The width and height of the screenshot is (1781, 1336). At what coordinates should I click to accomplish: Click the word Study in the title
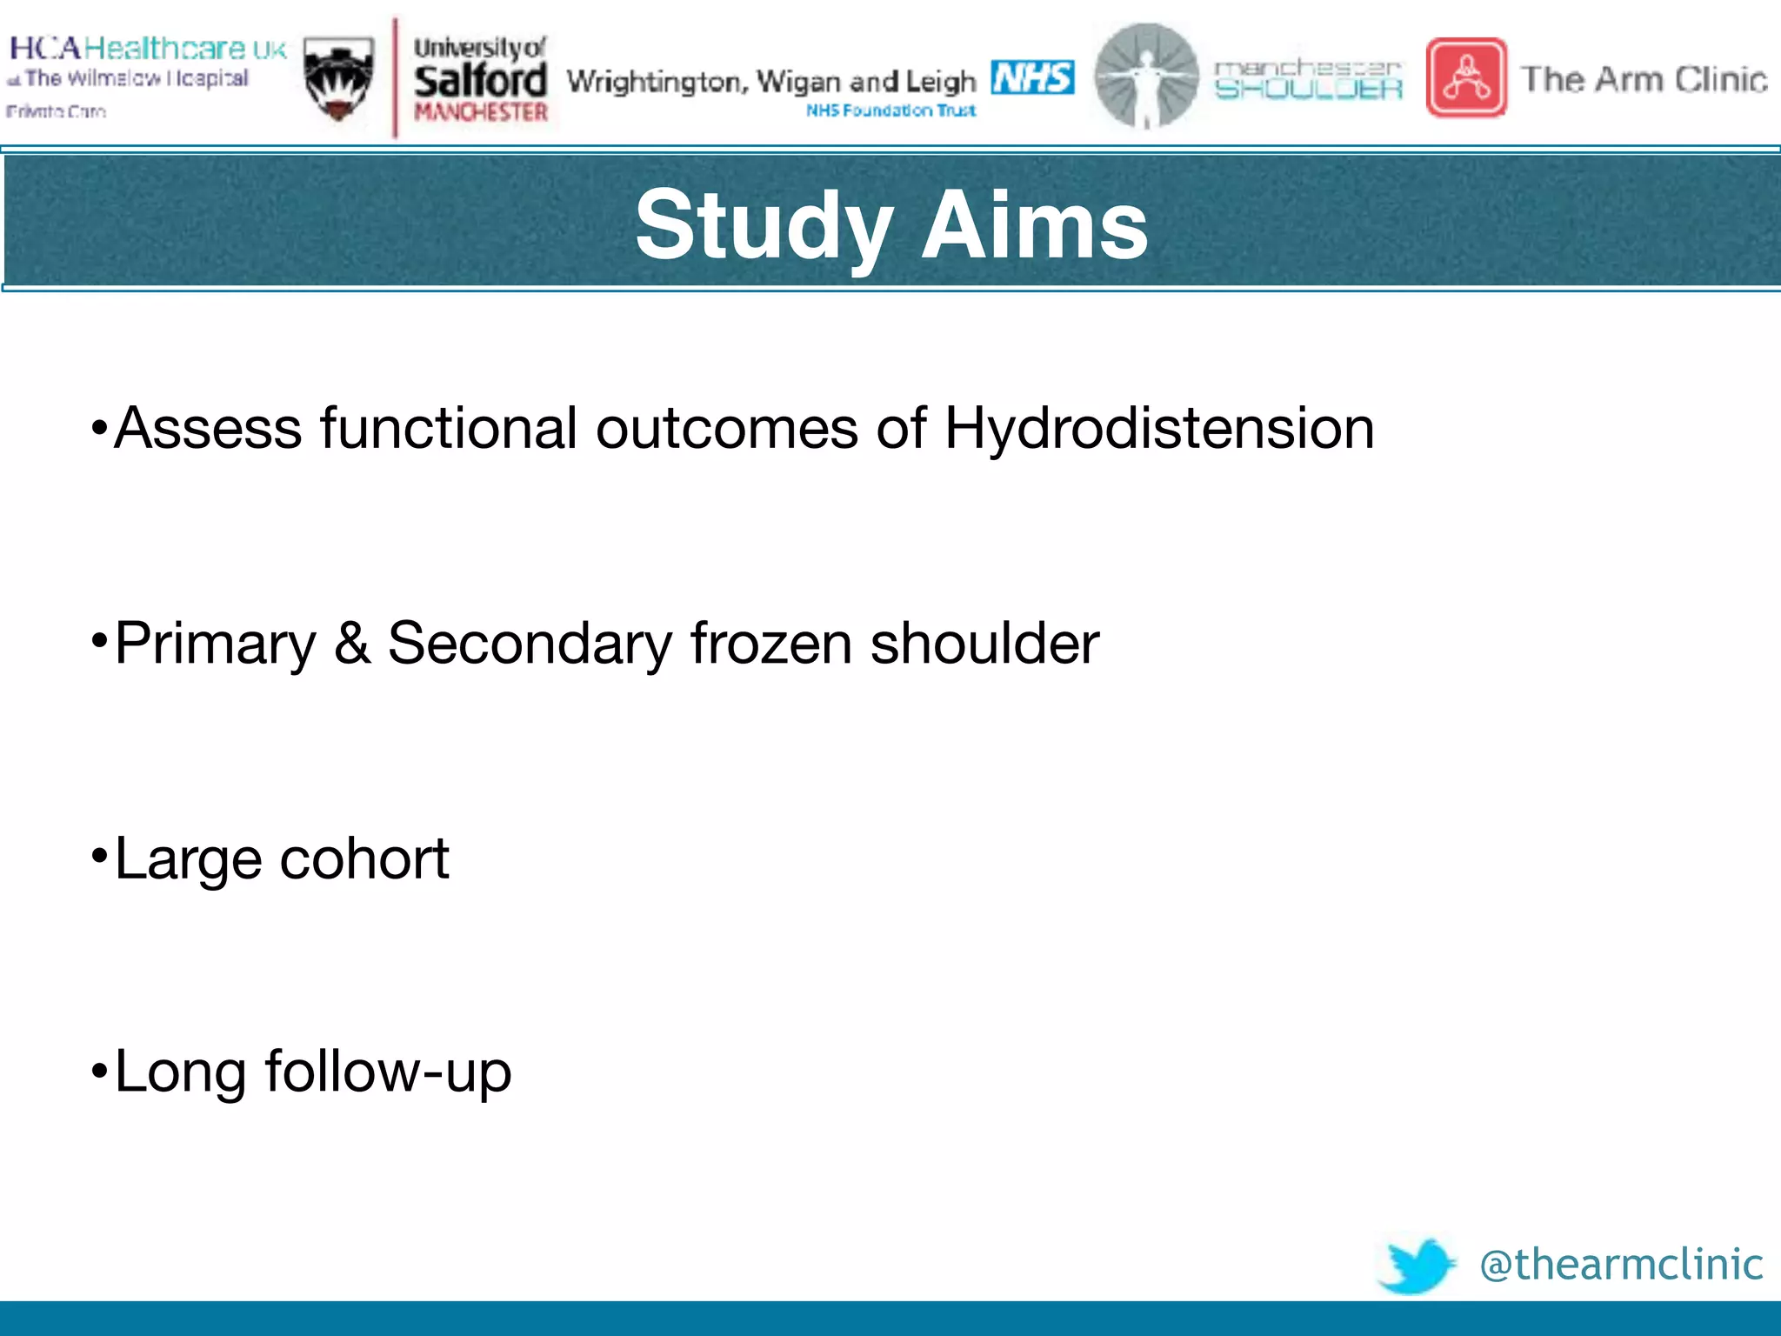pyautogui.click(x=764, y=226)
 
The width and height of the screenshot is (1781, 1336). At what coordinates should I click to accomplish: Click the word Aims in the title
pyautogui.click(x=1034, y=226)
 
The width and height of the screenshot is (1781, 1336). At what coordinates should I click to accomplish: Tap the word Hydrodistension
pyautogui.click(x=1158, y=429)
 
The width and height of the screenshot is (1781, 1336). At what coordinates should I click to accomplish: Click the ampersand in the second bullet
pyautogui.click(x=352, y=644)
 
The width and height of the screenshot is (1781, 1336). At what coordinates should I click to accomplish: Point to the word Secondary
pyautogui.click(x=530, y=644)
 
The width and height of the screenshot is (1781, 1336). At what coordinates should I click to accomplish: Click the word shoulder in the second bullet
pyautogui.click(x=984, y=644)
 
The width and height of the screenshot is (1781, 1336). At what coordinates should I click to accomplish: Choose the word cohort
pyautogui.click(x=364, y=858)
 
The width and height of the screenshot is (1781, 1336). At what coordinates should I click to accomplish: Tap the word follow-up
pyautogui.click(x=388, y=1072)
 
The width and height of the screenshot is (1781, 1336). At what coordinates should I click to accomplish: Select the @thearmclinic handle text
pyautogui.click(x=1621, y=1265)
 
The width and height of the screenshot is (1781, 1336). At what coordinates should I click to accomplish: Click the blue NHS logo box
pyautogui.click(x=1032, y=77)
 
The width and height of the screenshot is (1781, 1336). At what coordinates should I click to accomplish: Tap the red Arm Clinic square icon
pyautogui.click(x=1466, y=77)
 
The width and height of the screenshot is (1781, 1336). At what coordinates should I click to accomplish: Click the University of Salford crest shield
pyautogui.click(x=339, y=79)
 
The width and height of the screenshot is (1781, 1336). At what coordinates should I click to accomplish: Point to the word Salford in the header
pyautogui.click(x=480, y=81)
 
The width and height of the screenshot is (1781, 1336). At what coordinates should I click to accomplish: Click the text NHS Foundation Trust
pyautogui.click(x=890, y=110)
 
